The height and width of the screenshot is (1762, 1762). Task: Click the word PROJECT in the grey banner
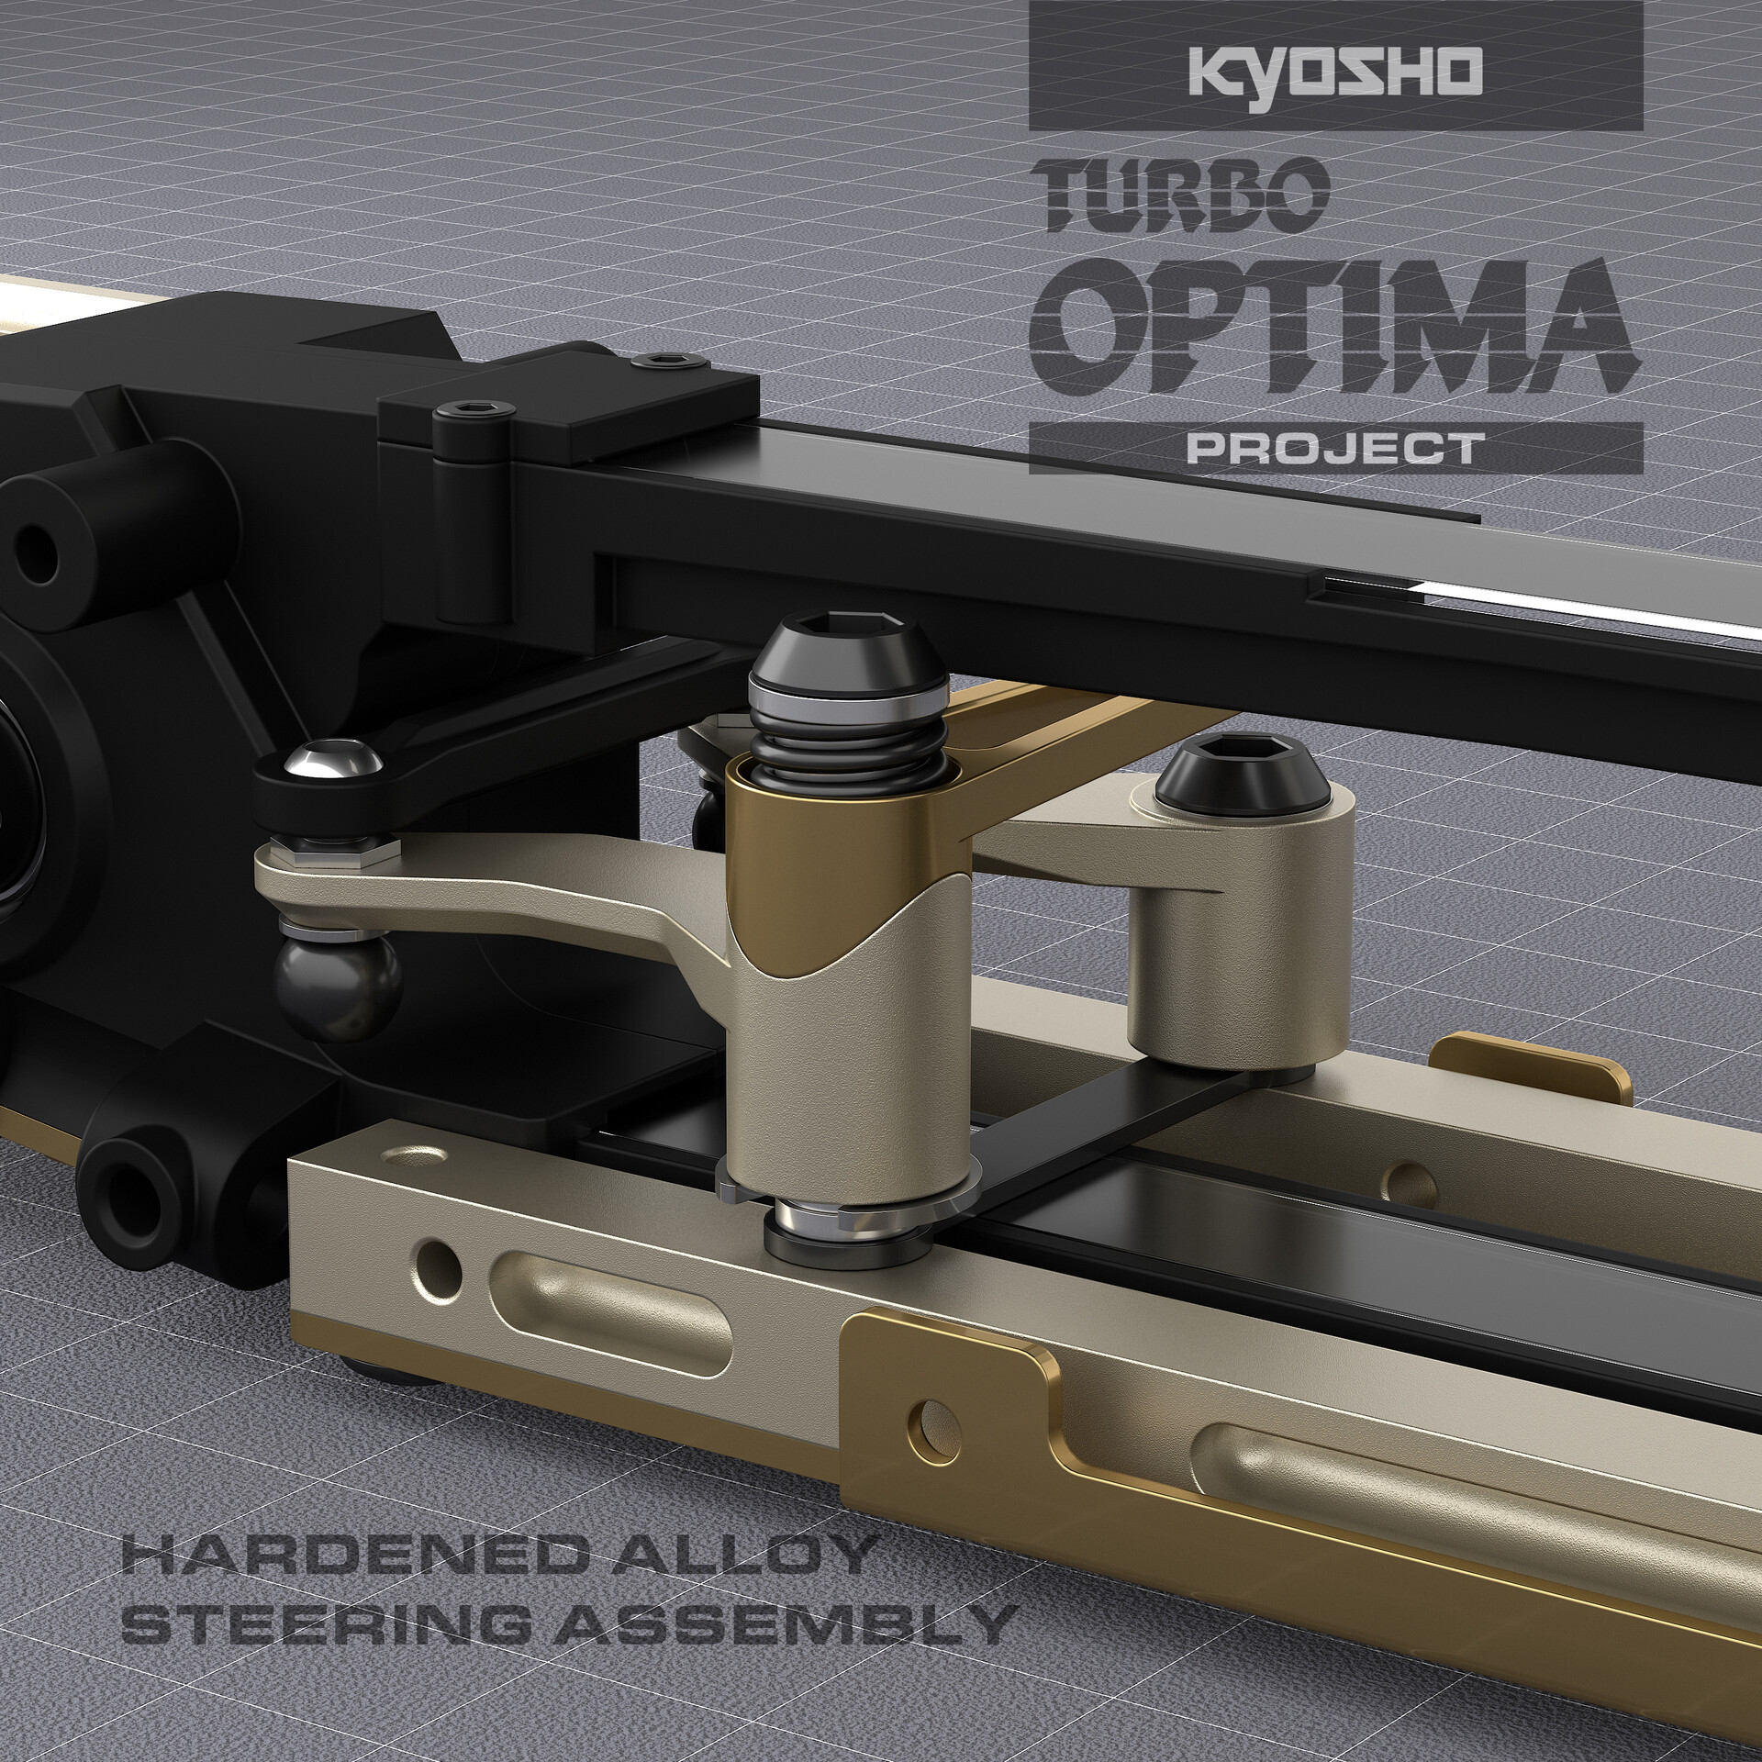[1335, 449]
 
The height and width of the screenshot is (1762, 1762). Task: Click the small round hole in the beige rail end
[437, 1258]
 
